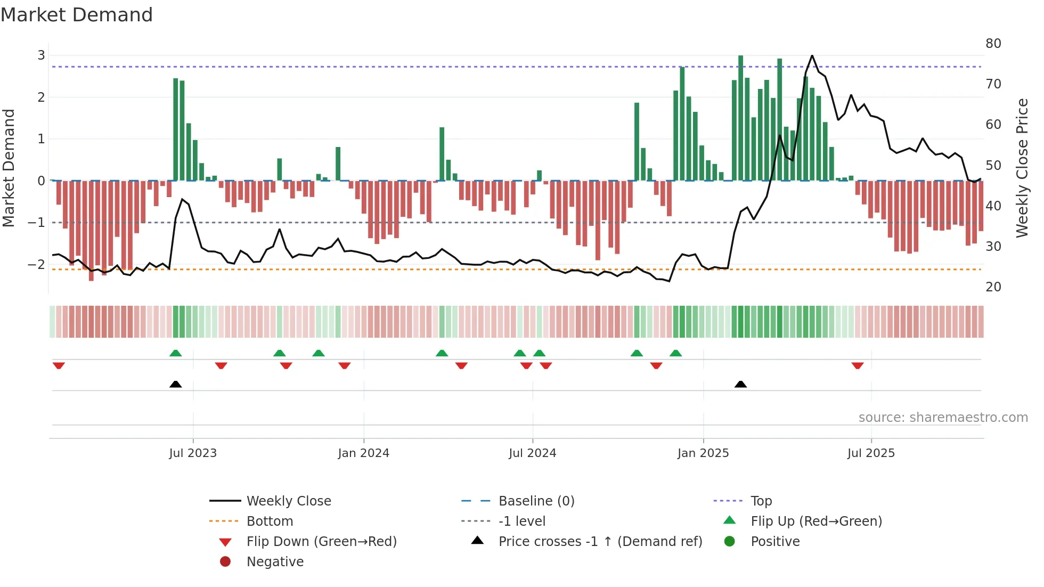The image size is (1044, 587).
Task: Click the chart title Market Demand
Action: click(x=77, y=15)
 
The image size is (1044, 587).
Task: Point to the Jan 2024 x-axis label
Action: click(x=363, y=453)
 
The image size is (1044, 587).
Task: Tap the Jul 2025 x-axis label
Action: click(x=871, y=453)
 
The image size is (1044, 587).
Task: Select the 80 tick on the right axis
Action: click(x=993, y=44)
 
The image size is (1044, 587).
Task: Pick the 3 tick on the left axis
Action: click(x=41, y=55)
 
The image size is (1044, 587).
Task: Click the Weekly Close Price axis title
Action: click(x=1022, y=168)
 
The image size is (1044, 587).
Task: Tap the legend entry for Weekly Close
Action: click(x=288, y=501)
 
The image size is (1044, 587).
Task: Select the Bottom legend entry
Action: click(x=270, y=521)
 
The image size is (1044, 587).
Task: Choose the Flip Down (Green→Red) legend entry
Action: click(x=321, y=542)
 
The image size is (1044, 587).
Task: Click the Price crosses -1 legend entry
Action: click(x=600, y=542)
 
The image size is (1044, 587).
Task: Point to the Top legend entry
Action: click(x=761, y=501)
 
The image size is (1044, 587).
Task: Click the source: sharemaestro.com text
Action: click(x=943, y=418)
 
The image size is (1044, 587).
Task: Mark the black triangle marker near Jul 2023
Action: click(x=175, y=384)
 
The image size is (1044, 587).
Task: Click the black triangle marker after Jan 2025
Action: click(x=740, y=384)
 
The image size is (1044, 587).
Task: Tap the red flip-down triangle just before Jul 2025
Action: click(x=857, y=365)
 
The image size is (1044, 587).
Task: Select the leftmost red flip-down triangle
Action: click(x=59, y=365)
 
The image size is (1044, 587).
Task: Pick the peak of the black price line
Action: click(x=812, y=55)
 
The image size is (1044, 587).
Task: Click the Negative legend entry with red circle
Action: click(x=275, y=562)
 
